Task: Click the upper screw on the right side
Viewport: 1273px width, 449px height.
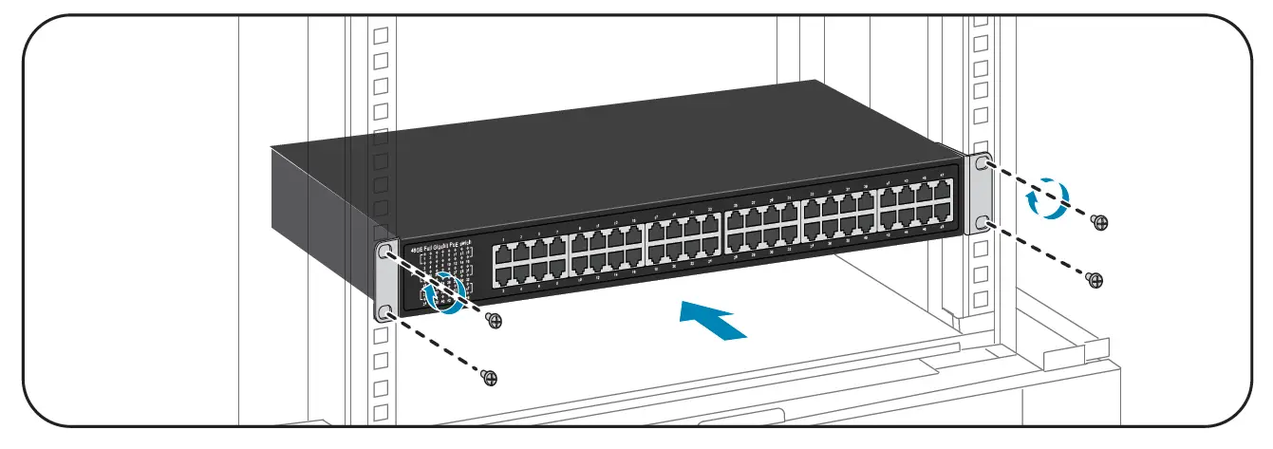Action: point(1100,221)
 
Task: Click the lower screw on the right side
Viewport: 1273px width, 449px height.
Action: point(1094,279)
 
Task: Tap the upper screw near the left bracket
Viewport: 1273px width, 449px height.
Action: point(493,320)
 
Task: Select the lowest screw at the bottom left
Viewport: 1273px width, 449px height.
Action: point(490,378)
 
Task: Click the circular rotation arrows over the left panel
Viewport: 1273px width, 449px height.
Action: point(445,291)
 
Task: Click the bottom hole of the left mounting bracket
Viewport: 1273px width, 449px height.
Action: point(384,312)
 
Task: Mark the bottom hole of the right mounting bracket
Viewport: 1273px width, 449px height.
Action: point(981,224)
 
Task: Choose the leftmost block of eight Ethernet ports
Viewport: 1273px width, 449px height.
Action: point(528,262)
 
